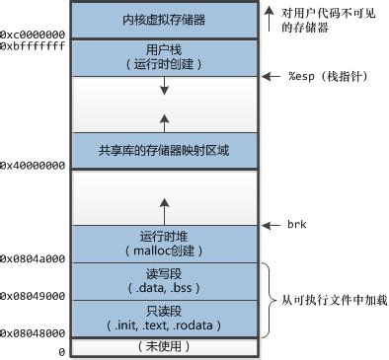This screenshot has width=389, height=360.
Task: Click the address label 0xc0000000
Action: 33,36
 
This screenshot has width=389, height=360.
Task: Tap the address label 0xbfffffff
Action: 33,46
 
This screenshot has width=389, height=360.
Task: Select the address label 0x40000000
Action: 33,166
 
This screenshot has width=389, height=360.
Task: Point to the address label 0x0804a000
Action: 33,258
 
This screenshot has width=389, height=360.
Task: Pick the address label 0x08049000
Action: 33,295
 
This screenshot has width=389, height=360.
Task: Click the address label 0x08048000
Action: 33,333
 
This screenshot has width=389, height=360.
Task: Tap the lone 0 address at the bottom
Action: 60,351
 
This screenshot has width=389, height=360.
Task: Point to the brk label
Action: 295,226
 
